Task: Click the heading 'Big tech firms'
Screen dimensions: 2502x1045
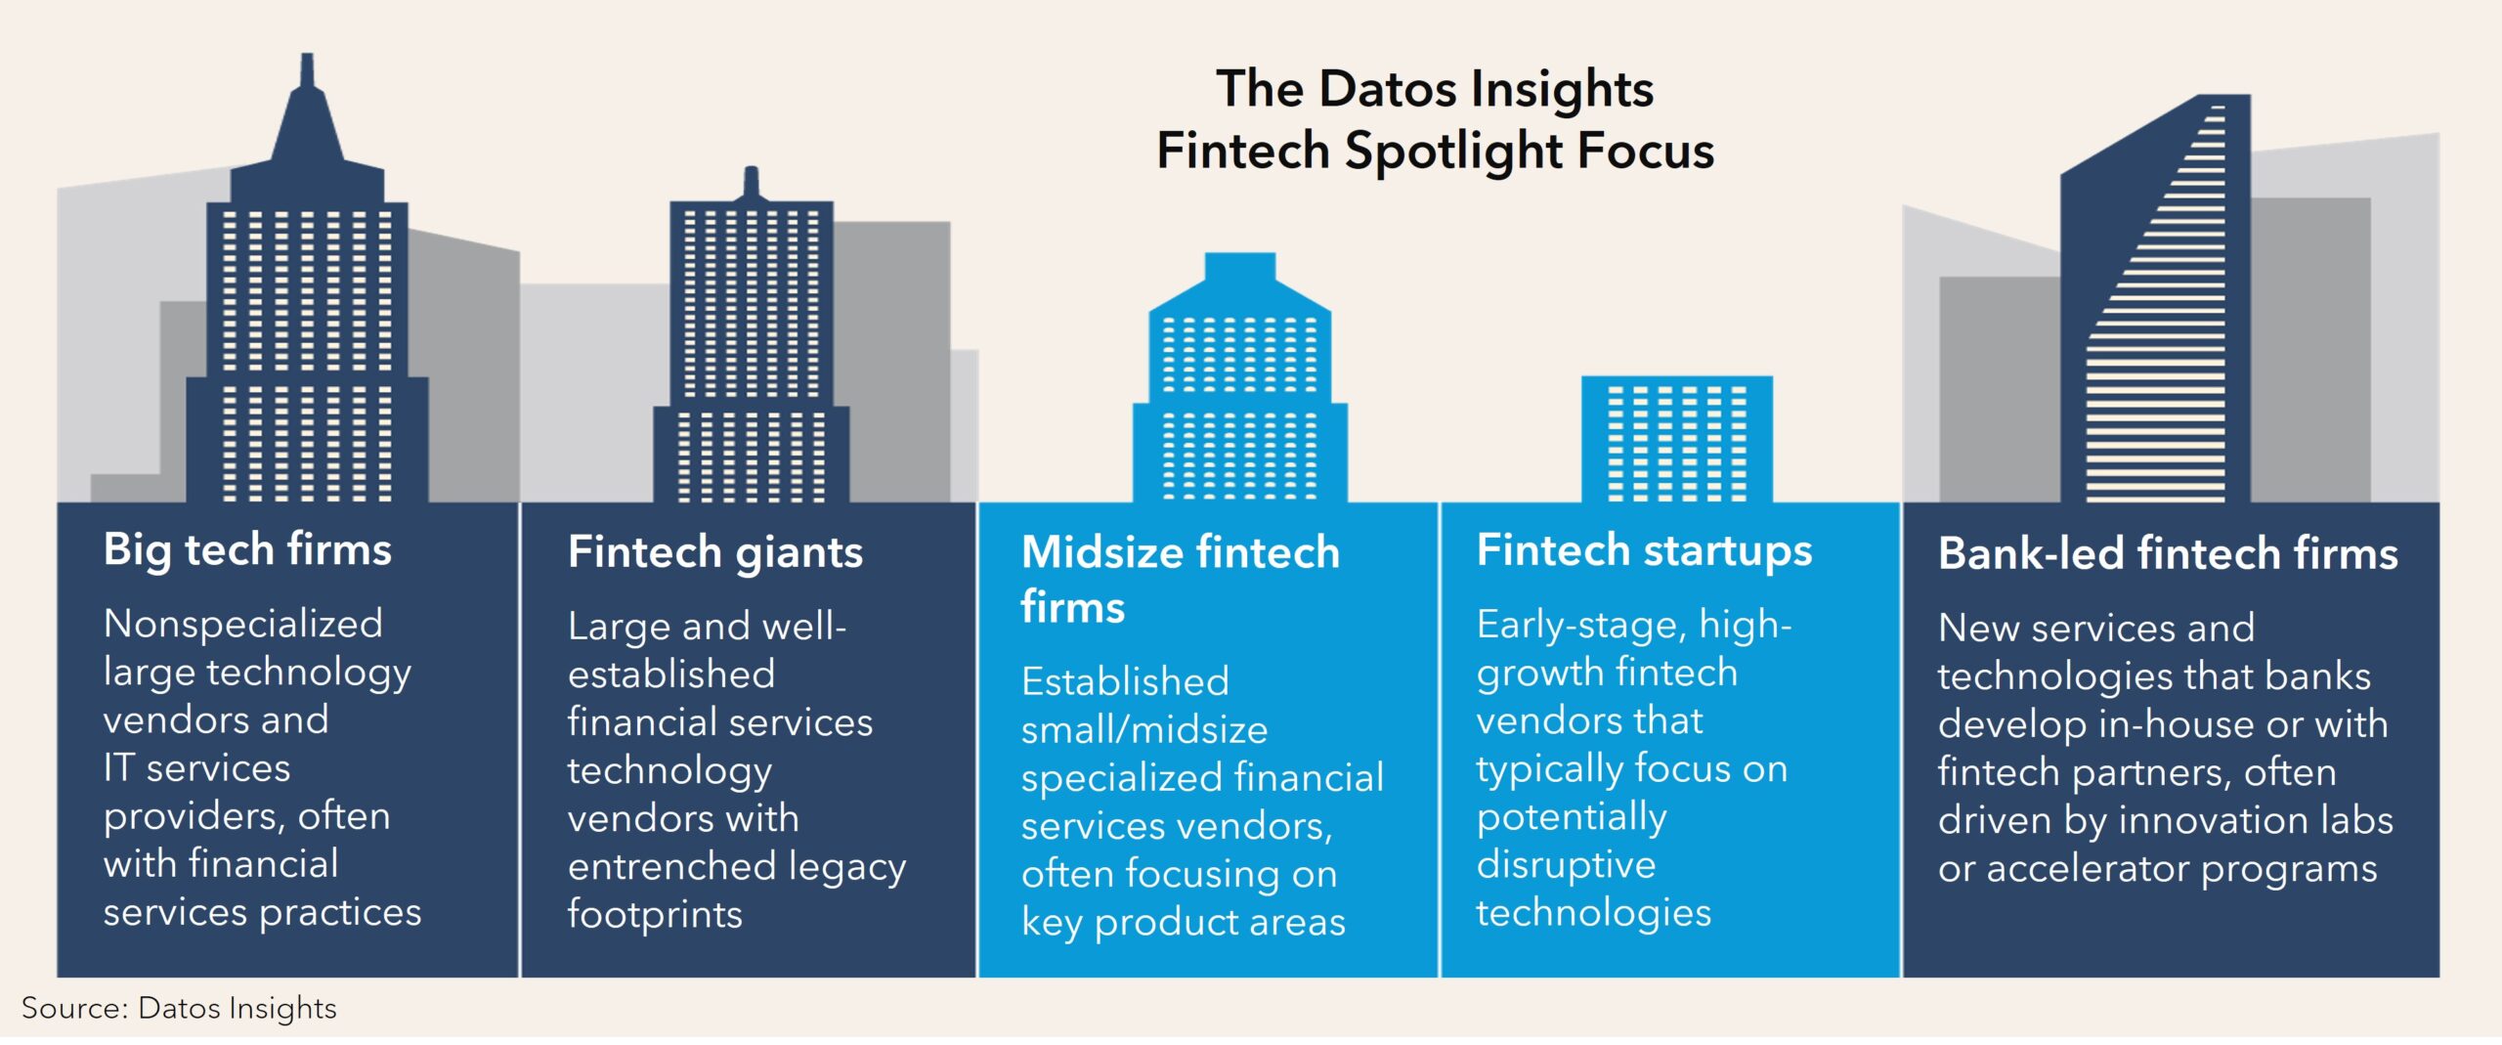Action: coord(247,549)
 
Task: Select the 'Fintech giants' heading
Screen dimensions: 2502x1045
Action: coord(715,552)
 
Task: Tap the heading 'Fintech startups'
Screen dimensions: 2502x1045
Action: coord(1644,550)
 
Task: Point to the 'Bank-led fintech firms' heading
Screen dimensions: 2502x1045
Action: coord(2168,553)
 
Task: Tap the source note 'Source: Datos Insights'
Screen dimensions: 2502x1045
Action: coord(179,1008)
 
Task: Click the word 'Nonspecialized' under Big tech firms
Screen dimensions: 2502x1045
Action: coord(243,624)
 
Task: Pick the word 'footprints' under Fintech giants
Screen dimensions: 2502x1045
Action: coord(655,914)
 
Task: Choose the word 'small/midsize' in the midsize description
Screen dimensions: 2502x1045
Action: coord(1144,730)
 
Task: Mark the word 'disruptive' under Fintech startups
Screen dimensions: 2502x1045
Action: coord(1566,864)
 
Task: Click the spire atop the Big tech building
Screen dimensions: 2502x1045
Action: coord(307,108)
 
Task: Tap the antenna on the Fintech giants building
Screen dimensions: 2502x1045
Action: coord(751,183)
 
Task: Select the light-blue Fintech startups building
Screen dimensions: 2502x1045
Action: coord(1677,439)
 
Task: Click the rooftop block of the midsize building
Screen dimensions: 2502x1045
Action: coord(1240,268)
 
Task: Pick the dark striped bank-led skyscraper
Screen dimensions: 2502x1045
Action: coord(2155,299)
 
